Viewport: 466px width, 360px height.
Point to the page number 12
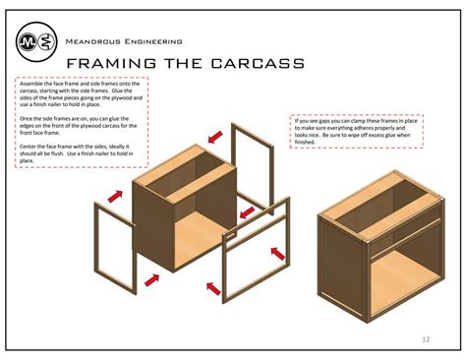click(426, 339)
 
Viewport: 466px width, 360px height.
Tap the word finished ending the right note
click(308, 144)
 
